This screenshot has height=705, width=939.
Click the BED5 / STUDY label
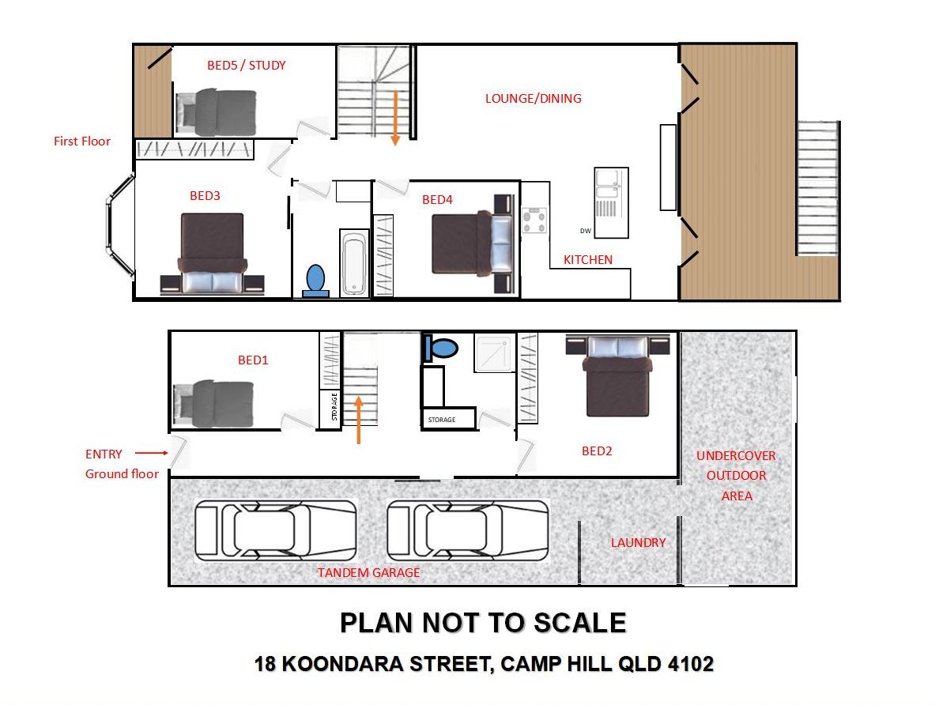[x=246, y=66]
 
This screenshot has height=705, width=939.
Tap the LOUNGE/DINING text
[x=533, y=98]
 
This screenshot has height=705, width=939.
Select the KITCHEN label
[x=587, y=259]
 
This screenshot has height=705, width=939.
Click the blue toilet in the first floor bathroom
[x=315, y=281]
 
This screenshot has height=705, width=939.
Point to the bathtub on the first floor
[x=354, y=263]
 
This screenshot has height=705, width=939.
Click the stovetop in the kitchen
[x=534, y=220]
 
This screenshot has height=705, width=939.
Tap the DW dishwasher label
[x=585, y=231]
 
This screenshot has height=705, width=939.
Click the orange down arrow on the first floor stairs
[x=395, y=118]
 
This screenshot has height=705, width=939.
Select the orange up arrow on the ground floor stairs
[x=358, y=420]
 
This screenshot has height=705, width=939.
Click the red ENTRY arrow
[x=152, y=453]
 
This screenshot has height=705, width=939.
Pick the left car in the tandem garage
[x=276, y=531]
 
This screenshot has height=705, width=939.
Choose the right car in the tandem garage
[x=468, y=531]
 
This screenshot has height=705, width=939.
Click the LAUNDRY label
[x=638, y=543]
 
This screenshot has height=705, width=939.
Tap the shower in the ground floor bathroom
[x=495, y=352]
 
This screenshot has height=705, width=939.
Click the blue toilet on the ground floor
[x=440, y=348]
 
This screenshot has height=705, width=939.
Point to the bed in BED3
[x=212, y=254]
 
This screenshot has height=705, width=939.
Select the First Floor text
[x=82, y=141]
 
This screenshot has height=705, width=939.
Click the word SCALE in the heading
[x=579, y=623]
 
